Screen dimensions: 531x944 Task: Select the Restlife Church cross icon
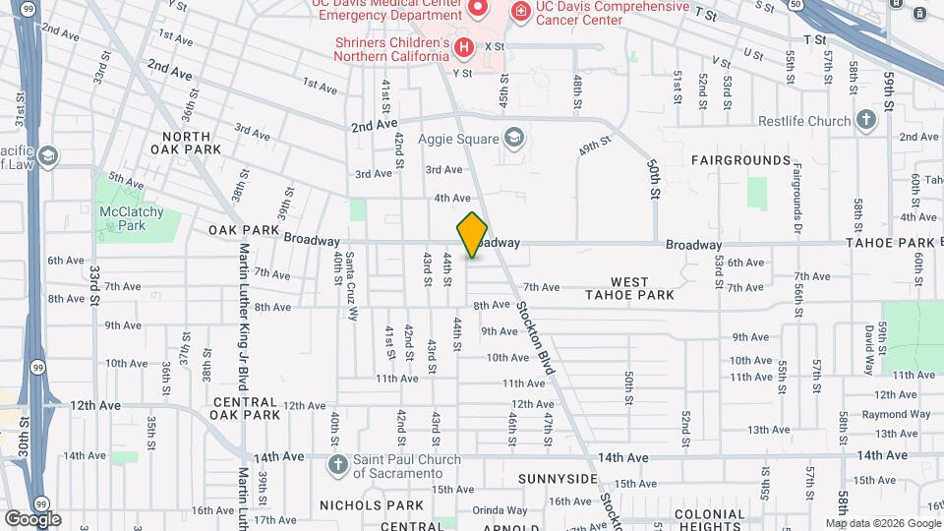(866, 121)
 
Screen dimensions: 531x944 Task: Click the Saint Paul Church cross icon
(337, 464)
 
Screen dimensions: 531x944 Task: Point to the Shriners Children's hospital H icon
(462, 46)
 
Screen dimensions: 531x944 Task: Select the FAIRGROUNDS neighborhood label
(740, 159)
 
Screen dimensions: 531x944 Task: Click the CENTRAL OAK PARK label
(246, 408)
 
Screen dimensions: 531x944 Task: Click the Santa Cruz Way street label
(351, 286)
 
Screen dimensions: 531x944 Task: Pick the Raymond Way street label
(896, 414)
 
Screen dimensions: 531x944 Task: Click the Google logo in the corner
(32, 519)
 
